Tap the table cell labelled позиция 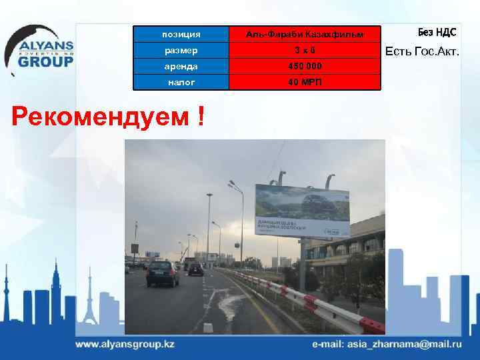coord(181,33)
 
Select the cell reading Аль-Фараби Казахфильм coord(304,33)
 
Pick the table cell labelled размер coord(181,49)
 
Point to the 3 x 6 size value coord(304,49)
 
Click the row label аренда coord(181,65)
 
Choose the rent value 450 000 coord(304,65)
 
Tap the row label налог coord(181,81)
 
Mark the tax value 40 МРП coord(304,81)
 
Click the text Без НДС coord(437,32)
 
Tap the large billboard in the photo coord(302,210)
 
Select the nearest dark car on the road coord(163,273)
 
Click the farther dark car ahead coord(195,268)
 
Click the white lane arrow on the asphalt coord(207,327)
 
